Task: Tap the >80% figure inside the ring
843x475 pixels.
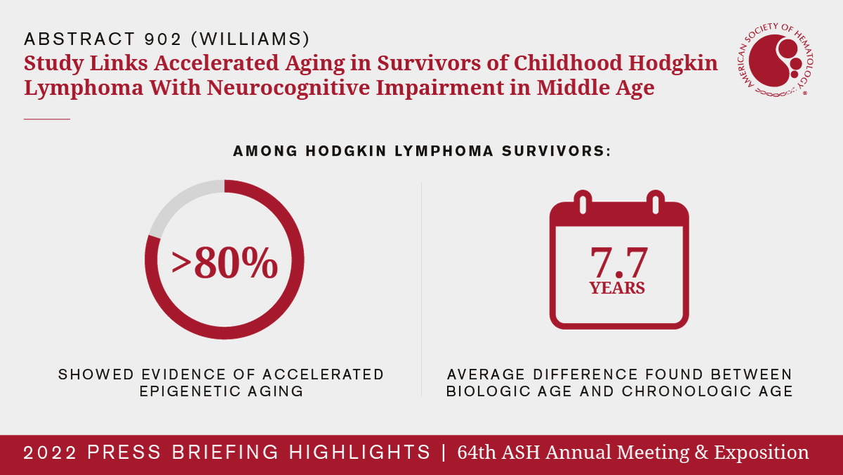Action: point(225,263)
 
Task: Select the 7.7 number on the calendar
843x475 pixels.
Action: point(619,262)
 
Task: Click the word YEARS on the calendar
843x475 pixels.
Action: point(617,289)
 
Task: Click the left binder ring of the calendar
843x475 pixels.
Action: point(582,202)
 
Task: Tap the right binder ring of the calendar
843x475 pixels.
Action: point(655,202)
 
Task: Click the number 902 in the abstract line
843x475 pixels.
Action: point(162,39)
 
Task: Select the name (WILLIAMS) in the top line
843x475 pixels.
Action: point(250,39)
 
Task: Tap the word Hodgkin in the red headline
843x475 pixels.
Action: point(673,63)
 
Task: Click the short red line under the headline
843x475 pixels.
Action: point(47,119)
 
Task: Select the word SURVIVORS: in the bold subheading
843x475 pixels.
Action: point(556,151)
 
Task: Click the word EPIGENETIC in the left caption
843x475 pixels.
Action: point(189,391)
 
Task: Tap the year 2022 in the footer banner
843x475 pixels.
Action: point(51,452)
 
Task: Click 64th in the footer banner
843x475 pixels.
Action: point(477,452)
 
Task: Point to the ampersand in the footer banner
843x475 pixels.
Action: point(701,452)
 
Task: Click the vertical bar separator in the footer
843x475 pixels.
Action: point(444,452)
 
